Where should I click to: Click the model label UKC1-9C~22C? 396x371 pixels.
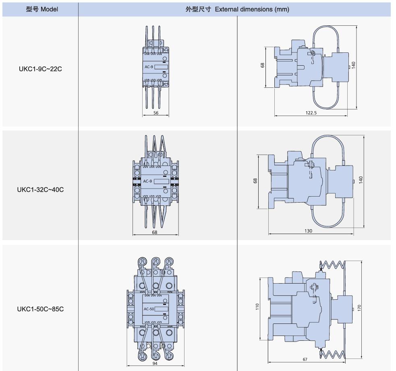(40, 68)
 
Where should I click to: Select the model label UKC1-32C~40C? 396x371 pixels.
(40, 189)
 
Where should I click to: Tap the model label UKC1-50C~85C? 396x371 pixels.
(40, 309)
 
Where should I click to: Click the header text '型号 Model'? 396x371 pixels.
(42, 9)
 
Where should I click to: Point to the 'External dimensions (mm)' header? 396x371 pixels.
(237, 9)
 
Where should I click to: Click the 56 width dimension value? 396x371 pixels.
(156, 113)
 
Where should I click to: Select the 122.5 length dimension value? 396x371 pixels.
(311, 113)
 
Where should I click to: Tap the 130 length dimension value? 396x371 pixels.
(309, 231)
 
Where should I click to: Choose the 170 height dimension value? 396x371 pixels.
(359, 308)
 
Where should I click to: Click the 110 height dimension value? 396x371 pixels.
(257, 307)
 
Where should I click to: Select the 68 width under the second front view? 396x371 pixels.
(155, 232)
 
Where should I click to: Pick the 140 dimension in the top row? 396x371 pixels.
(353, 66)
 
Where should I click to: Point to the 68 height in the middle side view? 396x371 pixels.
(255, 181)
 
